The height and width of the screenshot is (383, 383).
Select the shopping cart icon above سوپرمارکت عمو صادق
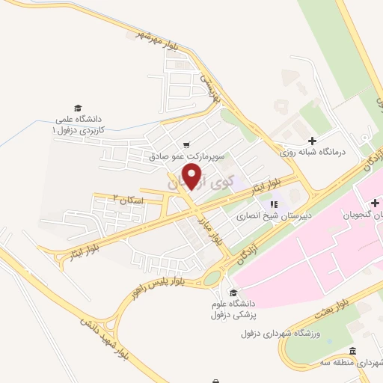(x=186, y=145)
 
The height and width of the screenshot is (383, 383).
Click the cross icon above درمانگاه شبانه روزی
(x=313, y=140)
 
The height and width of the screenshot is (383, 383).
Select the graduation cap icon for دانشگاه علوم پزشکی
(x=233, y=292)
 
